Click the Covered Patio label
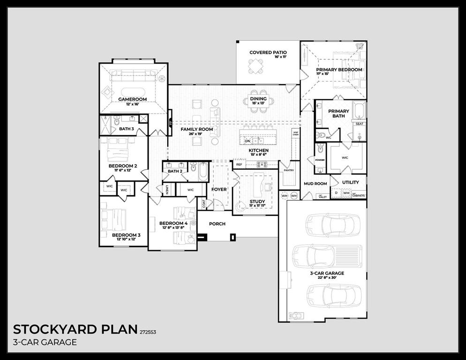(x=268, y=52)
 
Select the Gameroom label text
(x=133, y=99)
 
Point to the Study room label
(x=257, y=202)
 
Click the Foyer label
(x=219, y=189)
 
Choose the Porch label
(x=217, y=224)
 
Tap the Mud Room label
(x=315, y=184)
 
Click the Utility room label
(x=350, y=182)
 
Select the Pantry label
(x=289, y=170)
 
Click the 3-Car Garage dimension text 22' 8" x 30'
(x=326, y=278)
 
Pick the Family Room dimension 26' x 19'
(x=197, y=134)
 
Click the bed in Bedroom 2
(x=115, y=151)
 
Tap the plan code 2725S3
(x=148, y=332)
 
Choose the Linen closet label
(x=167, y=189)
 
